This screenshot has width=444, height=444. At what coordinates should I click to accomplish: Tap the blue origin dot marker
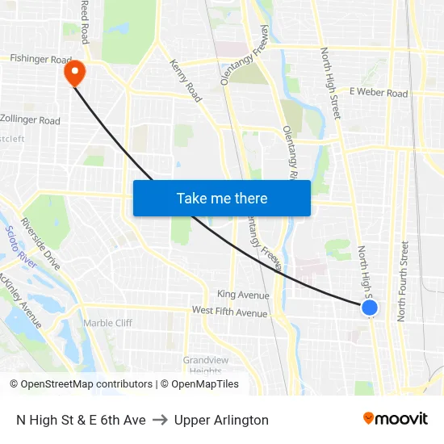pos(370,308)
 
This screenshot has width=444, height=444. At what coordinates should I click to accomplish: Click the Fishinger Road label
pos(40,59)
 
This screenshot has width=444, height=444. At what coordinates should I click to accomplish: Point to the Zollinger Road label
pos(31,120)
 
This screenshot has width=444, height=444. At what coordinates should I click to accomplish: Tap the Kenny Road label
pos(185,81)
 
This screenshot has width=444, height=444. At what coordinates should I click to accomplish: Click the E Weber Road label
pos(379,94)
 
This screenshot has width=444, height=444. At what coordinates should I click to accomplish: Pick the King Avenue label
pos(243,295)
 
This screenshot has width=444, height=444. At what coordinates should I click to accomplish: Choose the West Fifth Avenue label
pos(229,312)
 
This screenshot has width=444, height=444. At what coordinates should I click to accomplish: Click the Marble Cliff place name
pos(107,323)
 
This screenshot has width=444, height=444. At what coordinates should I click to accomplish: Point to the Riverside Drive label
pos(40,243)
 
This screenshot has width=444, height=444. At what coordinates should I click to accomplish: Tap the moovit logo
pos(395,419)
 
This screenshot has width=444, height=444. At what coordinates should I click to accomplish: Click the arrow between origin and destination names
pos(160,420)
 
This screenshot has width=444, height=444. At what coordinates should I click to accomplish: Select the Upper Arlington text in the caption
pos(221,420)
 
